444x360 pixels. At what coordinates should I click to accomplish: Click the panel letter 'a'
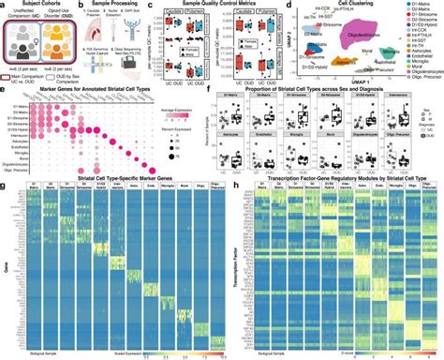coord(4,6)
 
